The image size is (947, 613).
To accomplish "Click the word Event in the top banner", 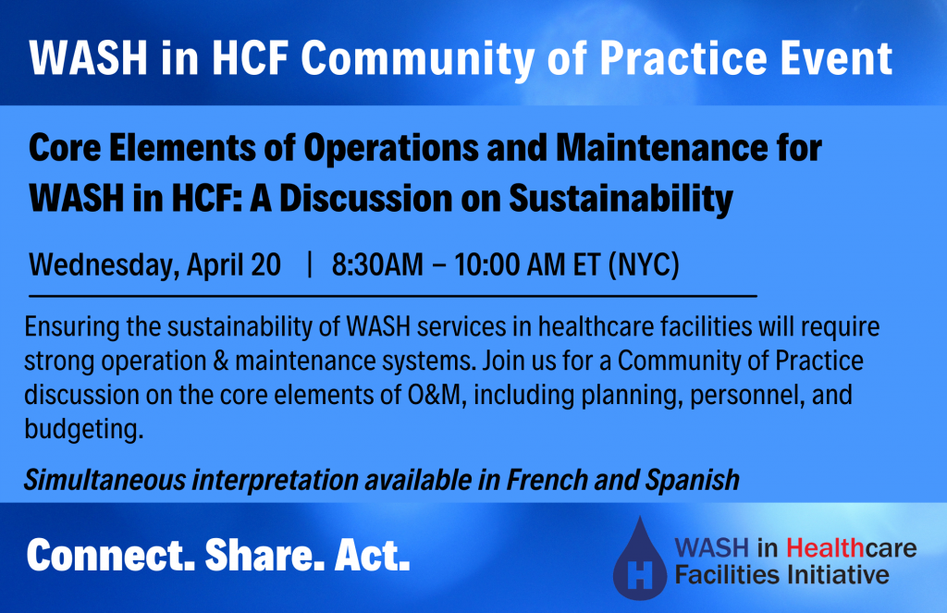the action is tap(836, 58).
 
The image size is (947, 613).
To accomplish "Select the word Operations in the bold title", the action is tap(391, 148).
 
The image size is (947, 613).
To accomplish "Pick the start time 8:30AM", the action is tap(377, 265).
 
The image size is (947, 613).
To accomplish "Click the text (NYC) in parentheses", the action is tap(644, 265).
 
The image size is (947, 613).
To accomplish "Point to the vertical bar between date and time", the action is tap(310, 264).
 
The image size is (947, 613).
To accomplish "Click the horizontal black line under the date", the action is tap(392, 296).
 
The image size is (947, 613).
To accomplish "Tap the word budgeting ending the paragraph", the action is tap(84, 430).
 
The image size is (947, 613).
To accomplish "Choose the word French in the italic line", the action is tap(547, 480).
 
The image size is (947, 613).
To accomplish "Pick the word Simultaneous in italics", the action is tap(105, 480).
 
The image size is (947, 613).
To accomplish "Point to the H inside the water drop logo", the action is tap(640, 574).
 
